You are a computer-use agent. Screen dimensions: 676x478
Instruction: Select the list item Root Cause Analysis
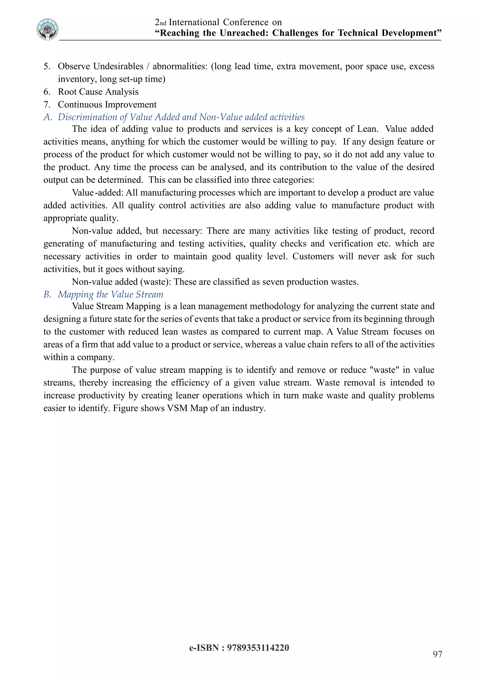(98, 92)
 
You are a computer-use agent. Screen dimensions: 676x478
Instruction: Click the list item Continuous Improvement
(107, 105)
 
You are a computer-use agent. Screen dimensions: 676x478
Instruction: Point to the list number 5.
(46, 67)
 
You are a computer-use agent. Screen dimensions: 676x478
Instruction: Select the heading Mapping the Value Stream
(110, 294)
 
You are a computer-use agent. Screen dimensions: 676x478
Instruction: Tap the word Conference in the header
(246, 22)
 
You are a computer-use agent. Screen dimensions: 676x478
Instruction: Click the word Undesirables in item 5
(118, 67)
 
